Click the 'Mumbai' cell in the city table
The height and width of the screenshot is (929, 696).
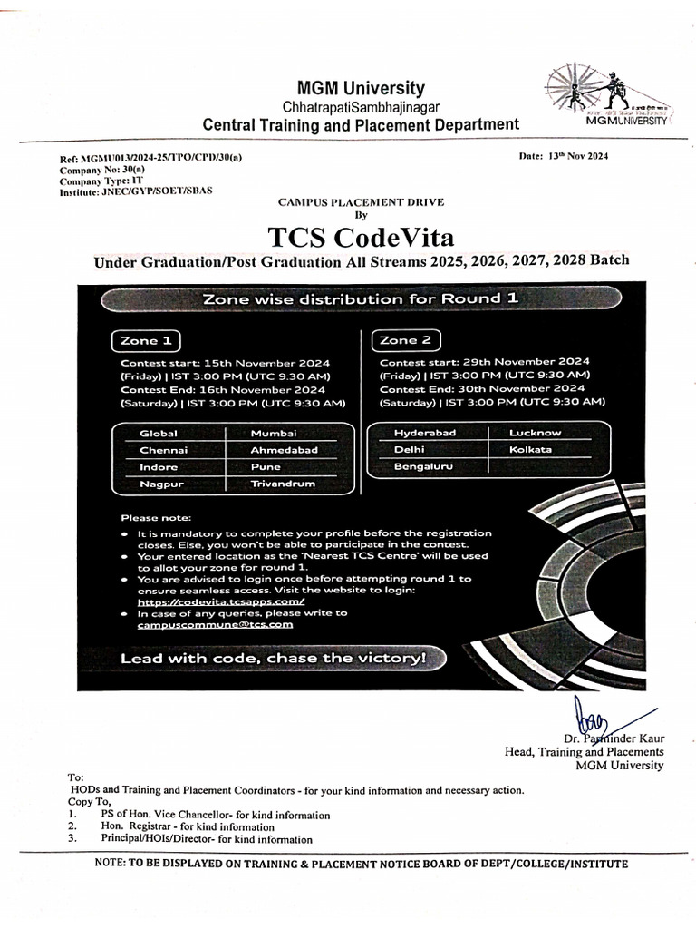tap(274, 433)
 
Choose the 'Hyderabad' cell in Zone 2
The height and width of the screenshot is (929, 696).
tap(425, 433)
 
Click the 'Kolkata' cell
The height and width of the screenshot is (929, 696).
tap(531, 449)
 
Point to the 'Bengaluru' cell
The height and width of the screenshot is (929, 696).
tap(422, 466)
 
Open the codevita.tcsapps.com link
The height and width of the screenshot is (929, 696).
tap(221, 601)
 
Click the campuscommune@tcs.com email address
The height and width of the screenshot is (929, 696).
tap(216, 625)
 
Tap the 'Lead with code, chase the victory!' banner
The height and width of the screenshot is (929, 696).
tap(274, 658)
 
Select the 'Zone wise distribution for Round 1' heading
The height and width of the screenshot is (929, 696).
tap(361, 298)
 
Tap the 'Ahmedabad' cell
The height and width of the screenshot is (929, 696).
tap(285, 450)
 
